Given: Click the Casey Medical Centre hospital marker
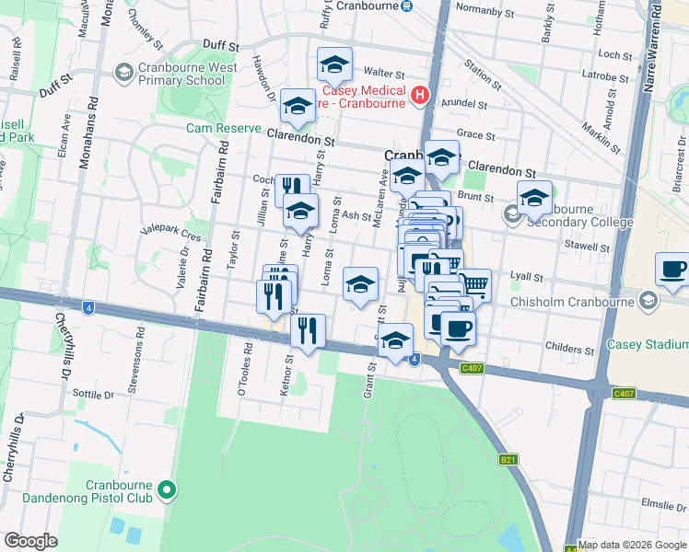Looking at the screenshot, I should [420, 95].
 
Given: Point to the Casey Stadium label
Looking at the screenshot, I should [648, 344].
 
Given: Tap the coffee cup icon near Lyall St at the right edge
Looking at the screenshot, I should [673, 270].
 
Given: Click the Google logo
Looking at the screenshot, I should [30, 541].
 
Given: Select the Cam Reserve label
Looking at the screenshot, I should [224, 128].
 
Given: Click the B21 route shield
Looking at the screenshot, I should [508, 459].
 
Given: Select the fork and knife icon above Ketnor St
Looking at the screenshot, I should [308, 329].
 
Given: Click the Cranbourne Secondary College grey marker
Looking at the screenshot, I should [513, 214].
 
